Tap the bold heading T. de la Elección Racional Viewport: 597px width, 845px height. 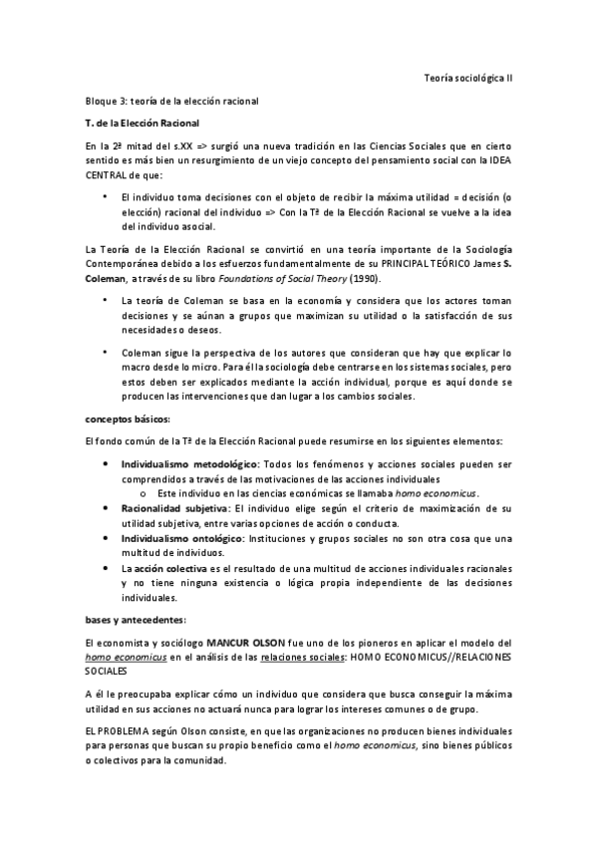pos(144,123)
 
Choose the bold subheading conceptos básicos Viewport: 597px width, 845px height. pos(128,419)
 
